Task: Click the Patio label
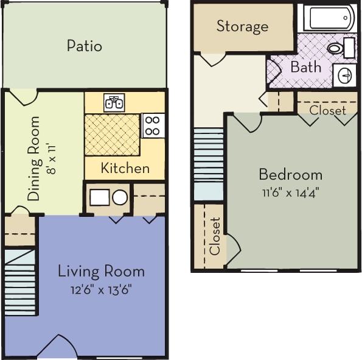click(85, 46)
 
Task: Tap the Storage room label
click(242, 26)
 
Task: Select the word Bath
click(305, 67)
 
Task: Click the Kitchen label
click(125, 168)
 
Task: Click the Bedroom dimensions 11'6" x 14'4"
click(290, 192)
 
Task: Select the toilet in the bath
click(335, 48)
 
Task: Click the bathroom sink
click(344, 76)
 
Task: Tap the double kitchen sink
click(114, 102)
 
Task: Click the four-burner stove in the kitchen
click(153, 125)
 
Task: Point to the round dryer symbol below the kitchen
click(120, 197)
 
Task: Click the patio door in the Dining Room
click(24, 97)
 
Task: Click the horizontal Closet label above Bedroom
click(327, 110)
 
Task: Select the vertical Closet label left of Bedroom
click(215, 236)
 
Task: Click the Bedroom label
click(290, 175)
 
